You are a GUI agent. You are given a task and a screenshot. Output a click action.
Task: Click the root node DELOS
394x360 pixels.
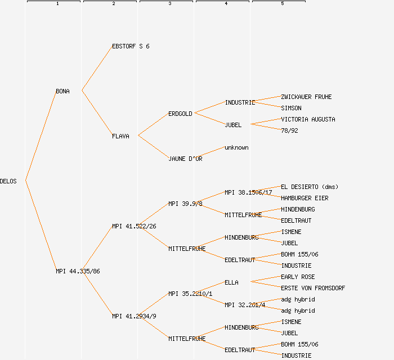8,181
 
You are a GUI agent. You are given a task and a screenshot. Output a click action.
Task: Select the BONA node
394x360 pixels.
62,91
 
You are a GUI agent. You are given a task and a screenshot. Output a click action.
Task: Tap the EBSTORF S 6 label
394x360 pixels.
131,46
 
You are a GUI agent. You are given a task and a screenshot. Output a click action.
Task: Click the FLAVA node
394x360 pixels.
120,136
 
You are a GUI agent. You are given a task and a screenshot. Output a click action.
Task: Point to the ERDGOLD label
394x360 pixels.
180,114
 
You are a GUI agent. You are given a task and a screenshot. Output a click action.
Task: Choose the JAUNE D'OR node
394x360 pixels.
185,159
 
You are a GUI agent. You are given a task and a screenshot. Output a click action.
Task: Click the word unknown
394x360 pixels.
236,147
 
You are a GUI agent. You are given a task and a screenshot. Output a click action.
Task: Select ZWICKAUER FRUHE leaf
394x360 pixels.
306,97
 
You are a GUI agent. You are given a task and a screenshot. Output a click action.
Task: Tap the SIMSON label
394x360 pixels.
291,108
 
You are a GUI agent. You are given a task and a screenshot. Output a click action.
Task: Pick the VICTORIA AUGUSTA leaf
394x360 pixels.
308,119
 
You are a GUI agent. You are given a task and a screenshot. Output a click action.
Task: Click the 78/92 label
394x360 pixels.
289,130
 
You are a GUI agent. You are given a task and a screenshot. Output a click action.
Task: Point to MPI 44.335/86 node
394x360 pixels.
78,271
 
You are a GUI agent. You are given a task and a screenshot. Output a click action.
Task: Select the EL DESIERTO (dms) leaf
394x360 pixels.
310,187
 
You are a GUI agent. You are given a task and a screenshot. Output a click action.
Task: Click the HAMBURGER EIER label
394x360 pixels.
305,198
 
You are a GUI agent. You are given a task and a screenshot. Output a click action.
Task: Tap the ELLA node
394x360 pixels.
231,282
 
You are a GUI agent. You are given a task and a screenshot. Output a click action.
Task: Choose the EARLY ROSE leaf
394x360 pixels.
298,277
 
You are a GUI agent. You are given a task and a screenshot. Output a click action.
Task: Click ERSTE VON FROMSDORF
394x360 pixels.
313,288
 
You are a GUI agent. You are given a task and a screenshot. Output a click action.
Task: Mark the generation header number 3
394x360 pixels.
169,4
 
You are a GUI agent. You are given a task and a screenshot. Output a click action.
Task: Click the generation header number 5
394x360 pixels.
282,4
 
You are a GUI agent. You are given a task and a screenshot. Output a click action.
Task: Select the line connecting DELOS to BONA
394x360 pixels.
41,136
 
